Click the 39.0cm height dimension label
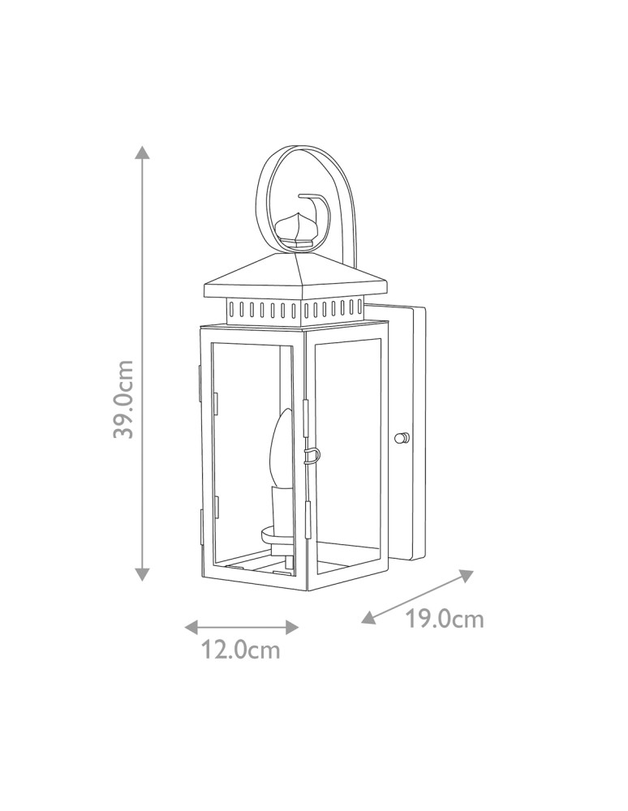(x=123, y=399)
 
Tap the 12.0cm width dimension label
(x=241, y=650)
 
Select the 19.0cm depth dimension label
(x=445, y=620)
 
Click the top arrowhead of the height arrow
(x=143, y=152)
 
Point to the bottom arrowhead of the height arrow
(x=143, y=573)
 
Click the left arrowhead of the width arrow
(x=191, y=627)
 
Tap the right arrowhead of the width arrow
(x=292, y=627)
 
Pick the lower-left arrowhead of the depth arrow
(x=368, y=618)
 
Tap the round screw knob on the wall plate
(x=400, y=439)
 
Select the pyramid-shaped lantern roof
(x=297, y=277)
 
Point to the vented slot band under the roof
(x=295, y=309)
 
